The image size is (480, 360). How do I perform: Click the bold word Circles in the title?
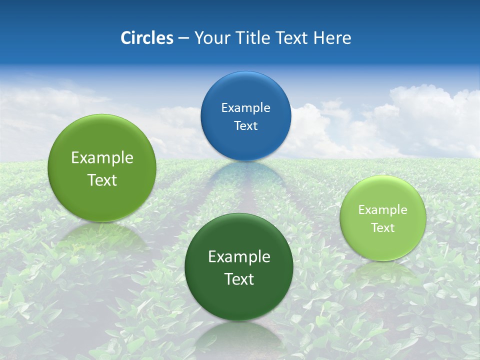pyautogui.click(x=146, y=38)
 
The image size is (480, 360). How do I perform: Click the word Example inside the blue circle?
pyautogui.click(x=245, y=107)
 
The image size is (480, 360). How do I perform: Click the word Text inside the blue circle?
pyautogui.click(x=245, y=125)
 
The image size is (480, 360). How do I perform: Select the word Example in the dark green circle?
pyautogui.click(x=239, y=256)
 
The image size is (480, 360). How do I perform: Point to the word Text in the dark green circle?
pyautogui.click(x=239, y=279)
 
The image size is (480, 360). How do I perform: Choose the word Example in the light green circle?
pyautogui.click(x=382, y=209)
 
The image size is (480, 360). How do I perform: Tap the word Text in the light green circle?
pyautogui.click(x=382, y=227)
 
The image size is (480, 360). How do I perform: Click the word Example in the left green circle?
pyautogui.click(x=102, y=157)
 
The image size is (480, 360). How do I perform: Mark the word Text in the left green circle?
pyautogui.click(x=102, y=180)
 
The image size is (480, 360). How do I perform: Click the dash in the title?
pyautogui.click(x=183, y=38)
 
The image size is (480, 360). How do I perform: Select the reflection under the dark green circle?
pyautogui.click(x=238, y=335)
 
